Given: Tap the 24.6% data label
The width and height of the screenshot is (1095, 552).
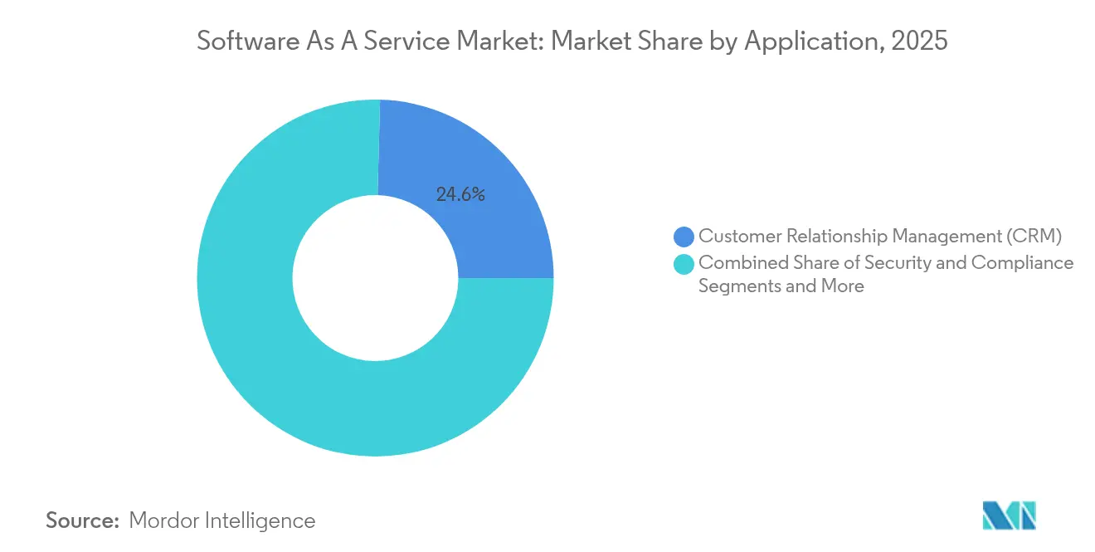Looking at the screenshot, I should [460, 195].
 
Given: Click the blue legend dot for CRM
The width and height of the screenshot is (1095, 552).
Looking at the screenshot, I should [684, 237].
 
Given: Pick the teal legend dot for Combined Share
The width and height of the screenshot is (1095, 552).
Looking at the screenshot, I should [684, 265].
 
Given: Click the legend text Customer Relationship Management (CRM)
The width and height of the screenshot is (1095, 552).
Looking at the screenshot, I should [879, 237].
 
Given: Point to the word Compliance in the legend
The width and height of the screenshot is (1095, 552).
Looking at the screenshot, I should [1022, 263].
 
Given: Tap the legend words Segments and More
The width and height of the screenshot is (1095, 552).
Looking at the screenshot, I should [781, 286].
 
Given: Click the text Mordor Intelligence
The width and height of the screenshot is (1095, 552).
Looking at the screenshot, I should [222, 520].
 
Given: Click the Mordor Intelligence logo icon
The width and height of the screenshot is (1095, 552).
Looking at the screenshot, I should [1009, 515].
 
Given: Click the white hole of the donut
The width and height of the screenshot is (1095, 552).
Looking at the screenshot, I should [375, 278].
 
